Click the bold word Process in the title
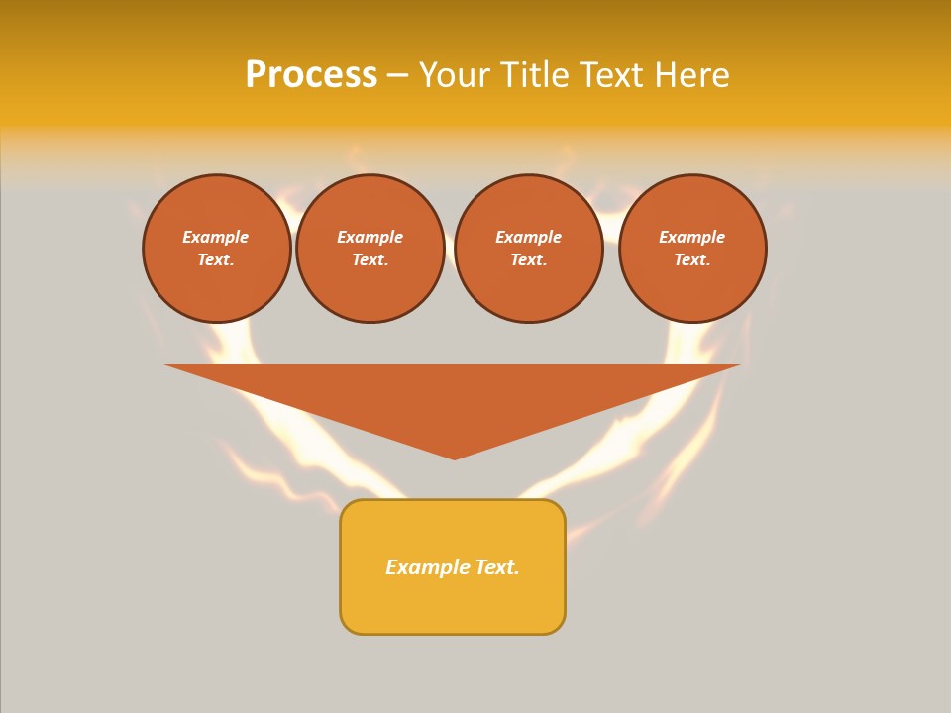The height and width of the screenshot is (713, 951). [x=311, y=75]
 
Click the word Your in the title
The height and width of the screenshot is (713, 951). [x=454, y=75]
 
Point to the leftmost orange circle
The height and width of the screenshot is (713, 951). [x=217, y=249]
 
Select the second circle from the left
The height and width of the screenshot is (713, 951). [x=370, y=249]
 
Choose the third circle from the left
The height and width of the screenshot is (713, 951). [x=529, y=249]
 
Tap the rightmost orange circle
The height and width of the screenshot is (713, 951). [x=692, y=249]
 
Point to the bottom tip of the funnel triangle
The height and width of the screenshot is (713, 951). [x=455, y=458]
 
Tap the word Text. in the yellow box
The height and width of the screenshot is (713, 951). [x=497, y=567]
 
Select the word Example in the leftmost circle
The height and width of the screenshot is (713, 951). [x=216, y=237]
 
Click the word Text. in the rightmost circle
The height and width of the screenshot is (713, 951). [x=692, y=260]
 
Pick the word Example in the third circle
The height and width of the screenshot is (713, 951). [x=529, y=237]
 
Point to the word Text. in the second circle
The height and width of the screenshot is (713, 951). [x=370, y=260]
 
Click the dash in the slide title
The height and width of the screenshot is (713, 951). [x=397, y=75]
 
